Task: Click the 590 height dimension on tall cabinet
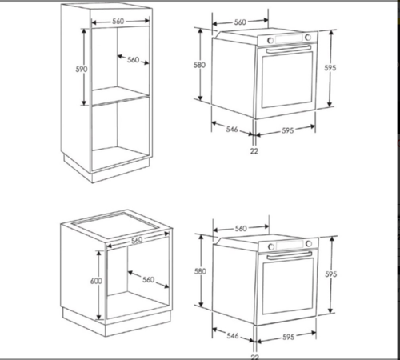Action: pyautogui.click(x=82, y=70)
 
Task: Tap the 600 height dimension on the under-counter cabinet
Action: pyautogui.click(x=96, y=281)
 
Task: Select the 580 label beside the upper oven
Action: pyautogui.click(x=199, y=65)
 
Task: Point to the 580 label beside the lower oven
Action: pyautogui.click(x=200, y=271)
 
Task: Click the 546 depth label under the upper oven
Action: pyautogui.click(x=232, y=129)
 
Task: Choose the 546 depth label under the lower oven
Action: pyautogui.click(x=233, y=335)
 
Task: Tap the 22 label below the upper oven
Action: pyautogui.click(x=254, y=151)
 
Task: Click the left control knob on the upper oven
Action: pyautogui.click(x=270, y=41)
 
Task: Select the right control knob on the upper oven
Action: pyautogui.click(x=308, y=38)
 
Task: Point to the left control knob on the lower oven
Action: pyautogui.click(x=271, y=246)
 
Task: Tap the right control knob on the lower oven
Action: pyautogui.click(x=309, y=243)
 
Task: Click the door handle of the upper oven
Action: pyautogui.click(x=289, y=49)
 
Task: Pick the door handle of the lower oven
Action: pyautogui.click(x=290, y=255)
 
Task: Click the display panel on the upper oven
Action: pyautogui.click(x=289, y=39)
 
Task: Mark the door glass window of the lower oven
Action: pyautogui.click(x=288, y=286)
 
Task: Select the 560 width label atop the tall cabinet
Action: pyautogui.click(x=118, y=22)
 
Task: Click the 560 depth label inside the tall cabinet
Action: pyautogui.click(x=133, y=60)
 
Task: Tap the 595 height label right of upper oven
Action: pyautogui.click(x=330, y=68)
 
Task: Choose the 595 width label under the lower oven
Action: pyautogui.click(x=289, y=337)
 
